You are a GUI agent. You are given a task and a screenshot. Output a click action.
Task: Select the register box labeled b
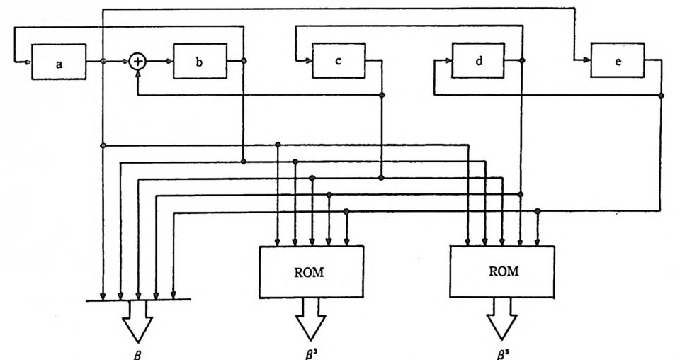(200, 62)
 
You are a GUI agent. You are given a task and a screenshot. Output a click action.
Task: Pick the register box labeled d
(479, 61)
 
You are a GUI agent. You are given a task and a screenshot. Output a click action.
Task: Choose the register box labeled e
(618, 61)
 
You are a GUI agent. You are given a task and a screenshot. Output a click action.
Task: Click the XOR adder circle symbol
(139, 62)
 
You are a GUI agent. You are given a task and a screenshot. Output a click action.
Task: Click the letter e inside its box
(618, 62)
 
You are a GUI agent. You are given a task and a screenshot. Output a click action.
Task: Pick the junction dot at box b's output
(244, 61)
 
